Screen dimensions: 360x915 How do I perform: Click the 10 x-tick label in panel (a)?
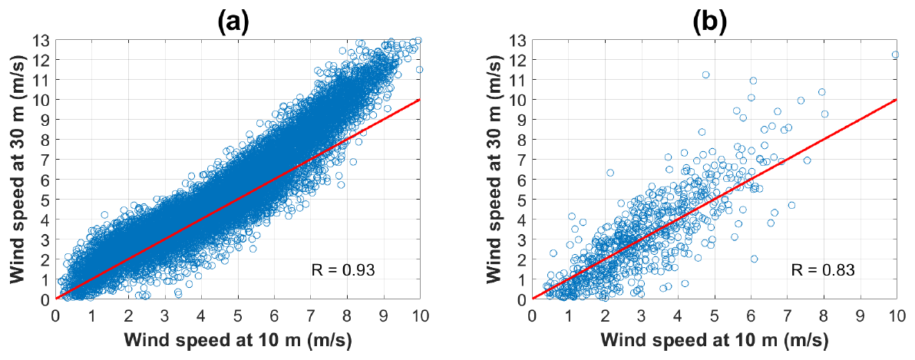point(419,315)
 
